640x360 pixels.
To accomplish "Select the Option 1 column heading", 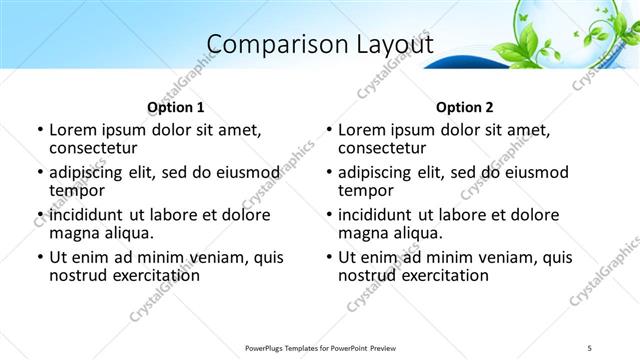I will click(175, 107).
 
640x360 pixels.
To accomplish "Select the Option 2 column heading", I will click(465, 107).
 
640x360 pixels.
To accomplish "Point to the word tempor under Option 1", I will click(77, 191).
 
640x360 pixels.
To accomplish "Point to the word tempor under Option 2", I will click(366, 191).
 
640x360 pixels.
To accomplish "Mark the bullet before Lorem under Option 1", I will click(39, 131).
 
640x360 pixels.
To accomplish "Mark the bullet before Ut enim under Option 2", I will click(328, 257).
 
